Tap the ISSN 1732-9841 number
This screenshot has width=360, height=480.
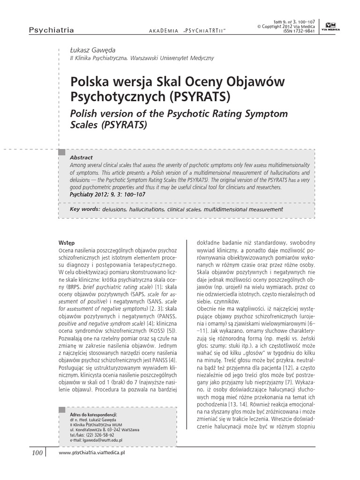301,31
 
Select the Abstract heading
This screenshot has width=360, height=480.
81,157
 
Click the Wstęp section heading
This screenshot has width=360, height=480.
67,243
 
